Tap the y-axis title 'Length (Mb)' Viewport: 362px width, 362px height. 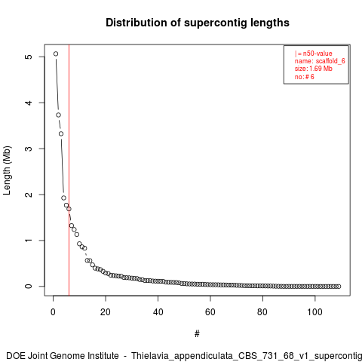click(7, 170)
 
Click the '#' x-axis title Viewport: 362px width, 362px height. click(197, 334)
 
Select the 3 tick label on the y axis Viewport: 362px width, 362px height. click(29, 149)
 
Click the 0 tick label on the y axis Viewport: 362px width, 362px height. click(29, 287)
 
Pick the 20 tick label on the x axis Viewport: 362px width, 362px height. click(106, 312)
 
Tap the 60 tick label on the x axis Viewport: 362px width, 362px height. click(210, 312)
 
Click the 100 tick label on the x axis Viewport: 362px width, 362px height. click(314, 312)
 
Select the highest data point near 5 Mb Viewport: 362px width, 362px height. click(56, 54)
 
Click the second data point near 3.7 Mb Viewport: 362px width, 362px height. click(59, 115)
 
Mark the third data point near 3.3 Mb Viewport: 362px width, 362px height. click(61, 133)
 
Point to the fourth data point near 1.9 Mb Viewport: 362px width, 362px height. click(63, 198)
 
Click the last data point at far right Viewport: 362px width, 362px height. click(339, 287)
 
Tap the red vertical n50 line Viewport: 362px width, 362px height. click(69, 170)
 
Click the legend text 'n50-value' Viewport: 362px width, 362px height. click(318, 54)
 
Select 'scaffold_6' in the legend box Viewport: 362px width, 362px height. click(330, 61)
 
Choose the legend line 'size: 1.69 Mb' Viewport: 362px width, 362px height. click(314, 69)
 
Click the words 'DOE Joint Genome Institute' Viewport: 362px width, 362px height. click(63, 356)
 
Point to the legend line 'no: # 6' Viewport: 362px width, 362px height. click(305, 77)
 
